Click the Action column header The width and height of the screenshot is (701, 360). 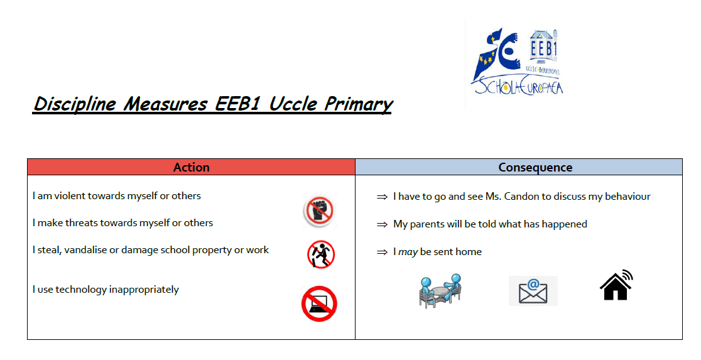[192, 167]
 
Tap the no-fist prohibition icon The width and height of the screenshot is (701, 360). [320, 210]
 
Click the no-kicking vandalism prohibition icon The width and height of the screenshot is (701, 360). [321, 254]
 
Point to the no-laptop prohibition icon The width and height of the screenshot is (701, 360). [319, 303]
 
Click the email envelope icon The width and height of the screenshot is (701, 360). [533, 291]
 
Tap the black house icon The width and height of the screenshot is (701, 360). [616, 285]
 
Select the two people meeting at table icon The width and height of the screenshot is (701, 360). [440, 291]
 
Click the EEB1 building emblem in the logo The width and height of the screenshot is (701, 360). [543, 48]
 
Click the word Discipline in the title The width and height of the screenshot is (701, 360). [75, 104]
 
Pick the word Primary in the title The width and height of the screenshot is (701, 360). [359, 104]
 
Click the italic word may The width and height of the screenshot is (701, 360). [408, 252]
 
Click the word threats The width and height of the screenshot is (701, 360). [82, 222]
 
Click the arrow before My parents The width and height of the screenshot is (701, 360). [382, 224]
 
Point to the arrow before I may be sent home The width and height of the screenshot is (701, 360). [382, 252]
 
